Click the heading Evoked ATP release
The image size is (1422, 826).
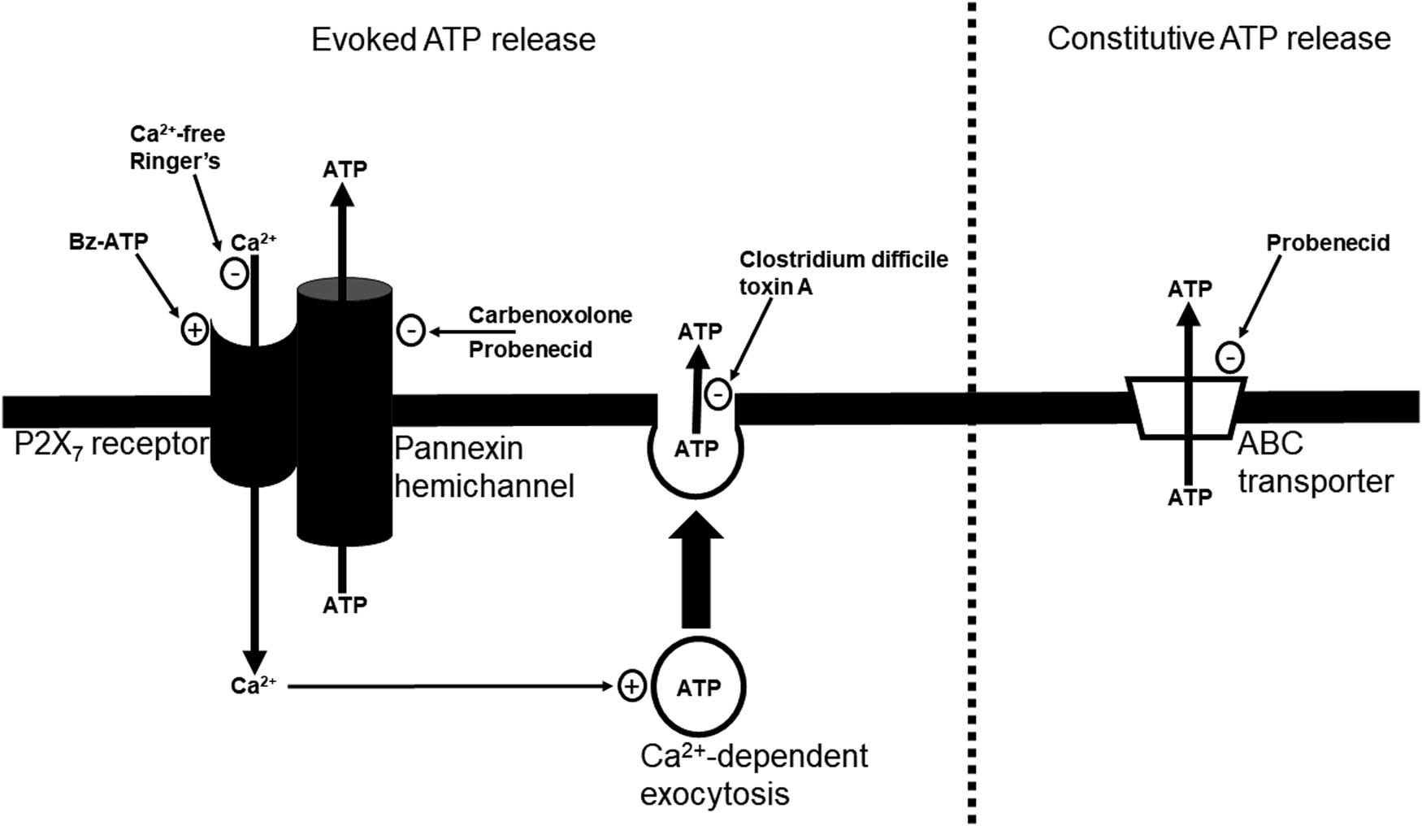coord(453,40)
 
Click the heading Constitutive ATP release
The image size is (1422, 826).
coord(1218,39)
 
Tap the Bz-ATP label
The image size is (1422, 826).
coord(109,242)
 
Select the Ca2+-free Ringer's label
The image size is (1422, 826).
coord(177,147)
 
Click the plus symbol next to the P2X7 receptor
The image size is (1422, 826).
coord(194,329)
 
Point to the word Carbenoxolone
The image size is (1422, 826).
coord(550,315)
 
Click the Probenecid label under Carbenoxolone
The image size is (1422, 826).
coord(530,350)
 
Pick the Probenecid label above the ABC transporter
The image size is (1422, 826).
coord(1328,243)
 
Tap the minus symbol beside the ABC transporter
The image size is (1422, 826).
coord(1230,358)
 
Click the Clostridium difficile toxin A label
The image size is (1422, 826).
coord(843,272)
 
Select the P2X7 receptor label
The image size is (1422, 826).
coord(111,445)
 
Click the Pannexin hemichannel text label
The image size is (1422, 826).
coord(484,467)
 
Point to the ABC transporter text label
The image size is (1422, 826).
coord(1315,463)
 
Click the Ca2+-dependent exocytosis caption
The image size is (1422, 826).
coord(754,774)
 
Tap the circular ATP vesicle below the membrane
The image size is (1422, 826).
coord(698,688)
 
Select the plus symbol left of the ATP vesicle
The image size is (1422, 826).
coord(631,686)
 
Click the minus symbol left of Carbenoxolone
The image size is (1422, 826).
coord(411,331)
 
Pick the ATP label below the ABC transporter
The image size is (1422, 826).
coord(1190,498)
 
